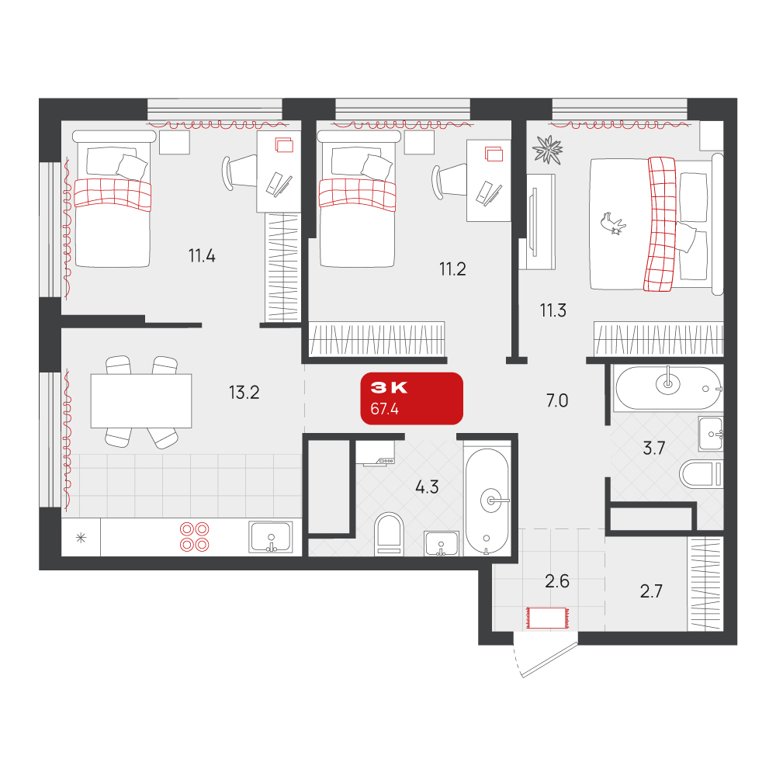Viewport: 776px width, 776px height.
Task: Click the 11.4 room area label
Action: click(202, 256)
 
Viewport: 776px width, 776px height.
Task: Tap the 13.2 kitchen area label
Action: click(244, 393)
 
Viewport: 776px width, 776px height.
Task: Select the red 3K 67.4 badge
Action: click(412, 398)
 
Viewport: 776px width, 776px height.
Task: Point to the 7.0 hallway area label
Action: click(556, 400)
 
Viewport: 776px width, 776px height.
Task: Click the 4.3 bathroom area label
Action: click(427, 487)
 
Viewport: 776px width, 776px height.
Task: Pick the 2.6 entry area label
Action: click(557, 581)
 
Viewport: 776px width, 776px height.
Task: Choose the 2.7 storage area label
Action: click(651, 591)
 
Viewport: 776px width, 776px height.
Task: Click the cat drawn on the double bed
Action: click(613, 223)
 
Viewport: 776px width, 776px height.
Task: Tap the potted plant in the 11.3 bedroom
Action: click(547, 150)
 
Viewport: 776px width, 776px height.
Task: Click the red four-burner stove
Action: click(195, 537)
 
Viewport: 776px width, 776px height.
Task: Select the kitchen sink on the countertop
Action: click(271, 538)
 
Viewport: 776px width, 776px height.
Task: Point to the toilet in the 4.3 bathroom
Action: click(389, 534)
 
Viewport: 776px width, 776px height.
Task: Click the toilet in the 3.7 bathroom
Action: click(702, 474)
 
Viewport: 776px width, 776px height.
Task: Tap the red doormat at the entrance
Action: click(547, 618)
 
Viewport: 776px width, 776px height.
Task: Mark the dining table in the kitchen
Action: click(141, 401)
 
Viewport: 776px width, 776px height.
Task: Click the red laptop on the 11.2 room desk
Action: click(494, 154)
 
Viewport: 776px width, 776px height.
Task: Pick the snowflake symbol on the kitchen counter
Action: click(81, 538)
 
